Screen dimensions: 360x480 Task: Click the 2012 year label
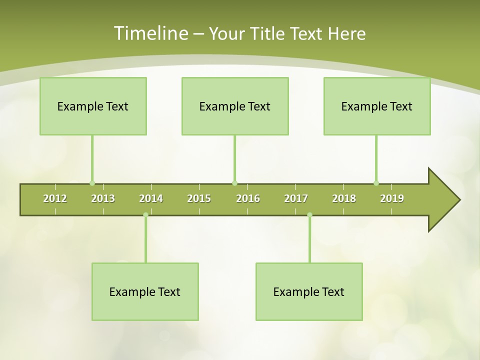(55, 198)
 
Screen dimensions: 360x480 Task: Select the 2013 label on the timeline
(103, 198)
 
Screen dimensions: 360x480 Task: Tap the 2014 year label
(151, 198)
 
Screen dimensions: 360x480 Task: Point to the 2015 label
(199, 198)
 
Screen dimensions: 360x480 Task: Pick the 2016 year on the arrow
(248, 198)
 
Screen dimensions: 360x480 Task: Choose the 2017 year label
(296, 198)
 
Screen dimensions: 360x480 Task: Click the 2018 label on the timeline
(344, 198)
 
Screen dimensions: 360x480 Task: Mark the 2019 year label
(392, 198)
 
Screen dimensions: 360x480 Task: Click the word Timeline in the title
(150, 33)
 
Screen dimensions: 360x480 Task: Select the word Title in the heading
(268, 33)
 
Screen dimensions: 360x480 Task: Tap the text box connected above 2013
(93, 106)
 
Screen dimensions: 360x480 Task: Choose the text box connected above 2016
(235, 106)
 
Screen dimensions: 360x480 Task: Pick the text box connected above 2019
(377, 106)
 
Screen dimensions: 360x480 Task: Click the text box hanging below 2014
(145, 291)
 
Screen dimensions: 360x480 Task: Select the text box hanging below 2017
(309, 291)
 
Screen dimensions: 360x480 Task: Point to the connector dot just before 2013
(92, 183)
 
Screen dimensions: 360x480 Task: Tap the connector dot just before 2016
(234, 183)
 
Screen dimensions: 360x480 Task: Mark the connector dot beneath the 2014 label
(145, 215)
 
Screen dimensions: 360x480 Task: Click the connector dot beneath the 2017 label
(309, 215)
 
